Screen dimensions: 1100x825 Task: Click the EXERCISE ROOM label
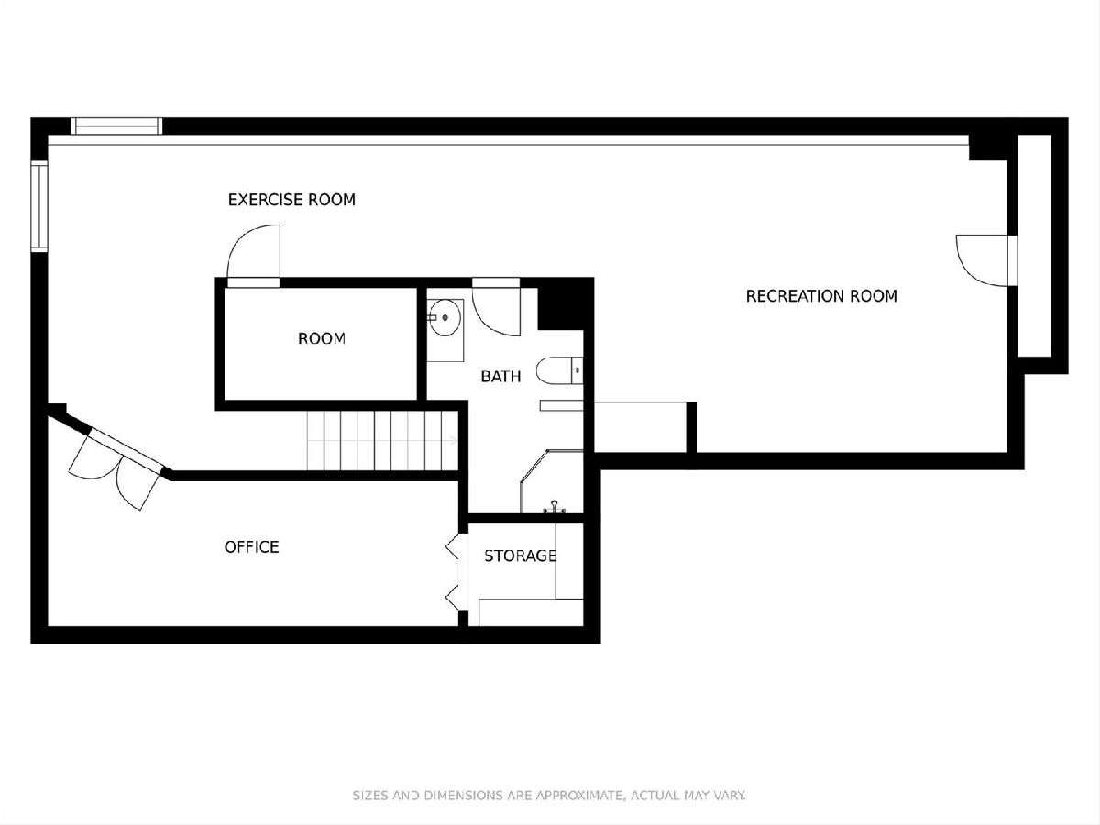291,200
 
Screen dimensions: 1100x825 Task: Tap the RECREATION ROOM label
821,296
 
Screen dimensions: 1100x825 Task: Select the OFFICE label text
251,546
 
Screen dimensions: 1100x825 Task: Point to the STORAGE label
520,555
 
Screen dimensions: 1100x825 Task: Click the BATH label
500,376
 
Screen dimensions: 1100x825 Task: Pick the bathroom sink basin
444,317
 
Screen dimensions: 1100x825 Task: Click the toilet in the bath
559,370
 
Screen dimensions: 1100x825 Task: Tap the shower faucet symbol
555,507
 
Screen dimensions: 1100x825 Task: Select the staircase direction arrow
454,441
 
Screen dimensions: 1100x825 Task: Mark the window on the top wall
117,126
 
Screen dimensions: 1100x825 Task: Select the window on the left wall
39,206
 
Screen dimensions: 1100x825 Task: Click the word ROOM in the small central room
322,338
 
